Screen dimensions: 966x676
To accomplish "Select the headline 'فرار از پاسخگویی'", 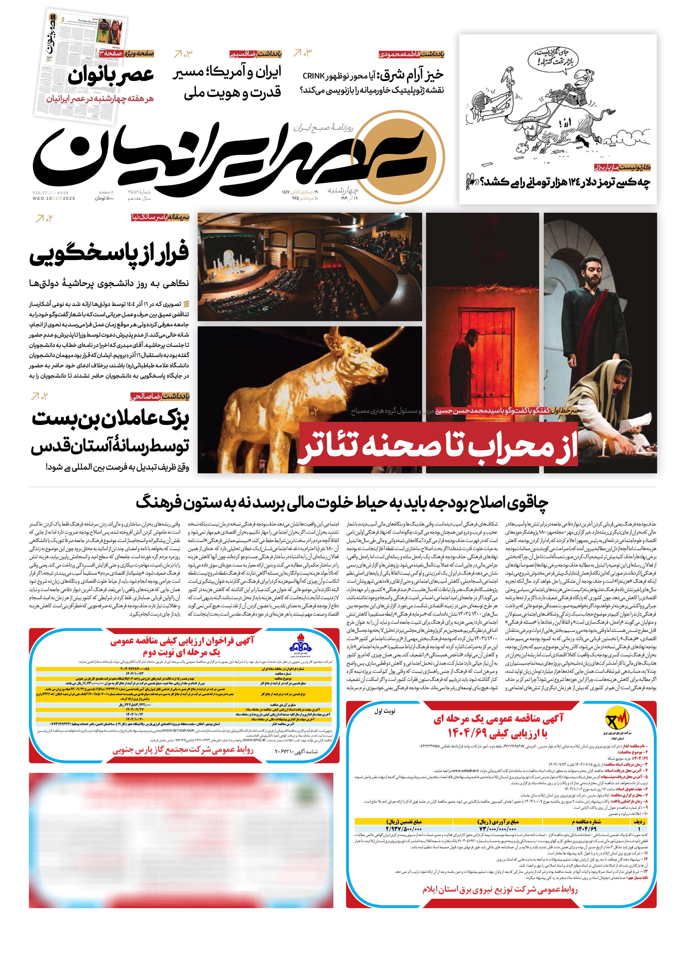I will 109,253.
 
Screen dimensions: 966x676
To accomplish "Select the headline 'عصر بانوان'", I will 111,76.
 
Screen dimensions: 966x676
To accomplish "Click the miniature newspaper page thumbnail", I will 80,67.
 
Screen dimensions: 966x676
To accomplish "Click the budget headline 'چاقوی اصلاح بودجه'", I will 342,503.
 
